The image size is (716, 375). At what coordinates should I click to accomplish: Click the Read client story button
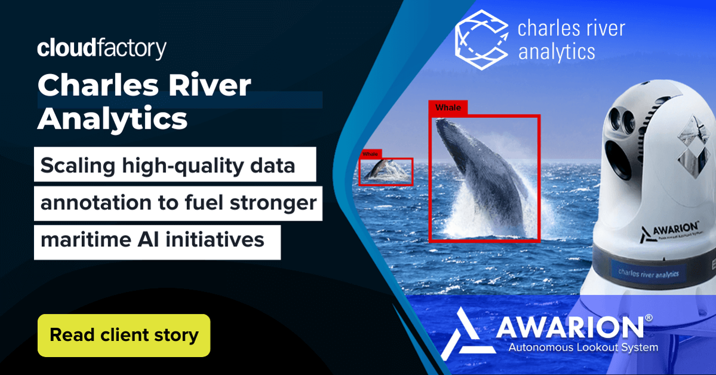124,335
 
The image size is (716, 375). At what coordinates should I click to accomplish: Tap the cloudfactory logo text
102,48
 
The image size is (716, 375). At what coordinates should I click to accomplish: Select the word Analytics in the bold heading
112,118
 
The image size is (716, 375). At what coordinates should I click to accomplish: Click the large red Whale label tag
448,108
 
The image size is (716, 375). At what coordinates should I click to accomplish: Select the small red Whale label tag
370,154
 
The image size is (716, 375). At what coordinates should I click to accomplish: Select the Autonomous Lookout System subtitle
582,347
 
